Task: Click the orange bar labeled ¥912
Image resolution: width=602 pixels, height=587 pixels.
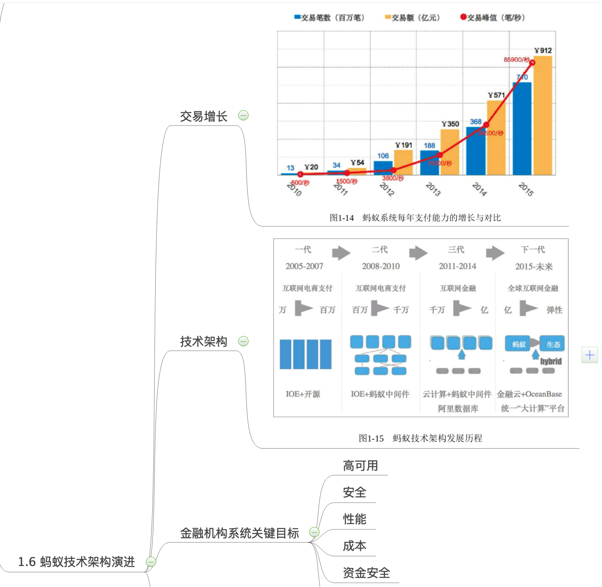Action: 542,114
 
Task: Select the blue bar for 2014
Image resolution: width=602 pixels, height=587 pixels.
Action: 475,151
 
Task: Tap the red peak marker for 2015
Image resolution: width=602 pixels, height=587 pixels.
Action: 532,63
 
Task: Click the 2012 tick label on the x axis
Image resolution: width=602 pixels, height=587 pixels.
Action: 386,189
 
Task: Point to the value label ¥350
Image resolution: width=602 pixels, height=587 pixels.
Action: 450,124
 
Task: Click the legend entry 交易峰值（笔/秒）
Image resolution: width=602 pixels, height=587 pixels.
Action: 493,18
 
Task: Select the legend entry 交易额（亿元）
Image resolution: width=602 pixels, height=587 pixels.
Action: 413,18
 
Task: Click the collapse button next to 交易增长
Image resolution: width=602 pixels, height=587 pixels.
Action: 243,115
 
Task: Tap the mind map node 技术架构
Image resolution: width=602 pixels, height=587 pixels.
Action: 204,341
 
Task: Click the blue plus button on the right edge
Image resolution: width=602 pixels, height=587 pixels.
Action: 589,355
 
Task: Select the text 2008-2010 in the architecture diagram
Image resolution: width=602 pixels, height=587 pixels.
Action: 381,266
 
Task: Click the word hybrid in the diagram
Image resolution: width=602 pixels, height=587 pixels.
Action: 550,361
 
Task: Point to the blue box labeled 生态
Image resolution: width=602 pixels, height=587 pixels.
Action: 553,344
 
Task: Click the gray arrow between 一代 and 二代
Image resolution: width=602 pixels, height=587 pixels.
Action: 341,253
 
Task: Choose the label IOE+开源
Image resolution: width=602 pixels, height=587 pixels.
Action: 303,394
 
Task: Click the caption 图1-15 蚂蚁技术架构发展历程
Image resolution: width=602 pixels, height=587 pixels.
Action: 420,438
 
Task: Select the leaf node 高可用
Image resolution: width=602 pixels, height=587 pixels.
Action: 360,466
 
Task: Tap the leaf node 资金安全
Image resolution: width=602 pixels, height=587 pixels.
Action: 366,572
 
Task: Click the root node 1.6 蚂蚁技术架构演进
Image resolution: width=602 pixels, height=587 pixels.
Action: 77,562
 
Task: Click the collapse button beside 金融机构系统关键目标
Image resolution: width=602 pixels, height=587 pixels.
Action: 314,532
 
